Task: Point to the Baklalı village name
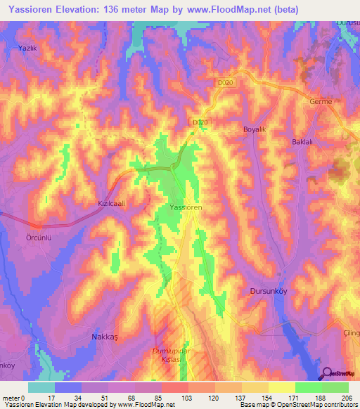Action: (x=303, y=142)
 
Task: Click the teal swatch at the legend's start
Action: (x=41, y=387)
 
